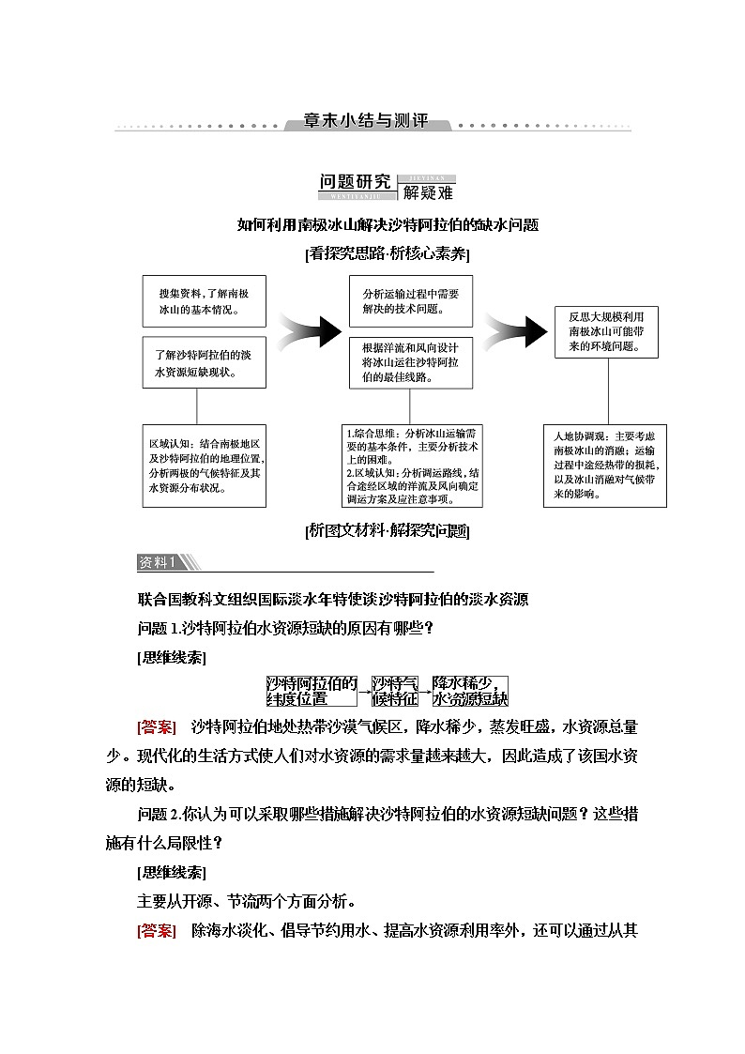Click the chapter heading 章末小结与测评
coord(366,122)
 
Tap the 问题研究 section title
coord(357,181)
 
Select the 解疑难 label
coord(427,193)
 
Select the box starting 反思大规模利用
coord(605,331)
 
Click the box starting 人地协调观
coord(606,465)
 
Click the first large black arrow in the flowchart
coord(309,330)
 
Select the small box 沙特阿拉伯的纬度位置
coord(312,690)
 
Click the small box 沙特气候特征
coord(394,690)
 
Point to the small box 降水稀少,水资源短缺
coord(469,690)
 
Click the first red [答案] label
coord(156,727)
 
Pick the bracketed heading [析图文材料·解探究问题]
coord(388,530)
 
